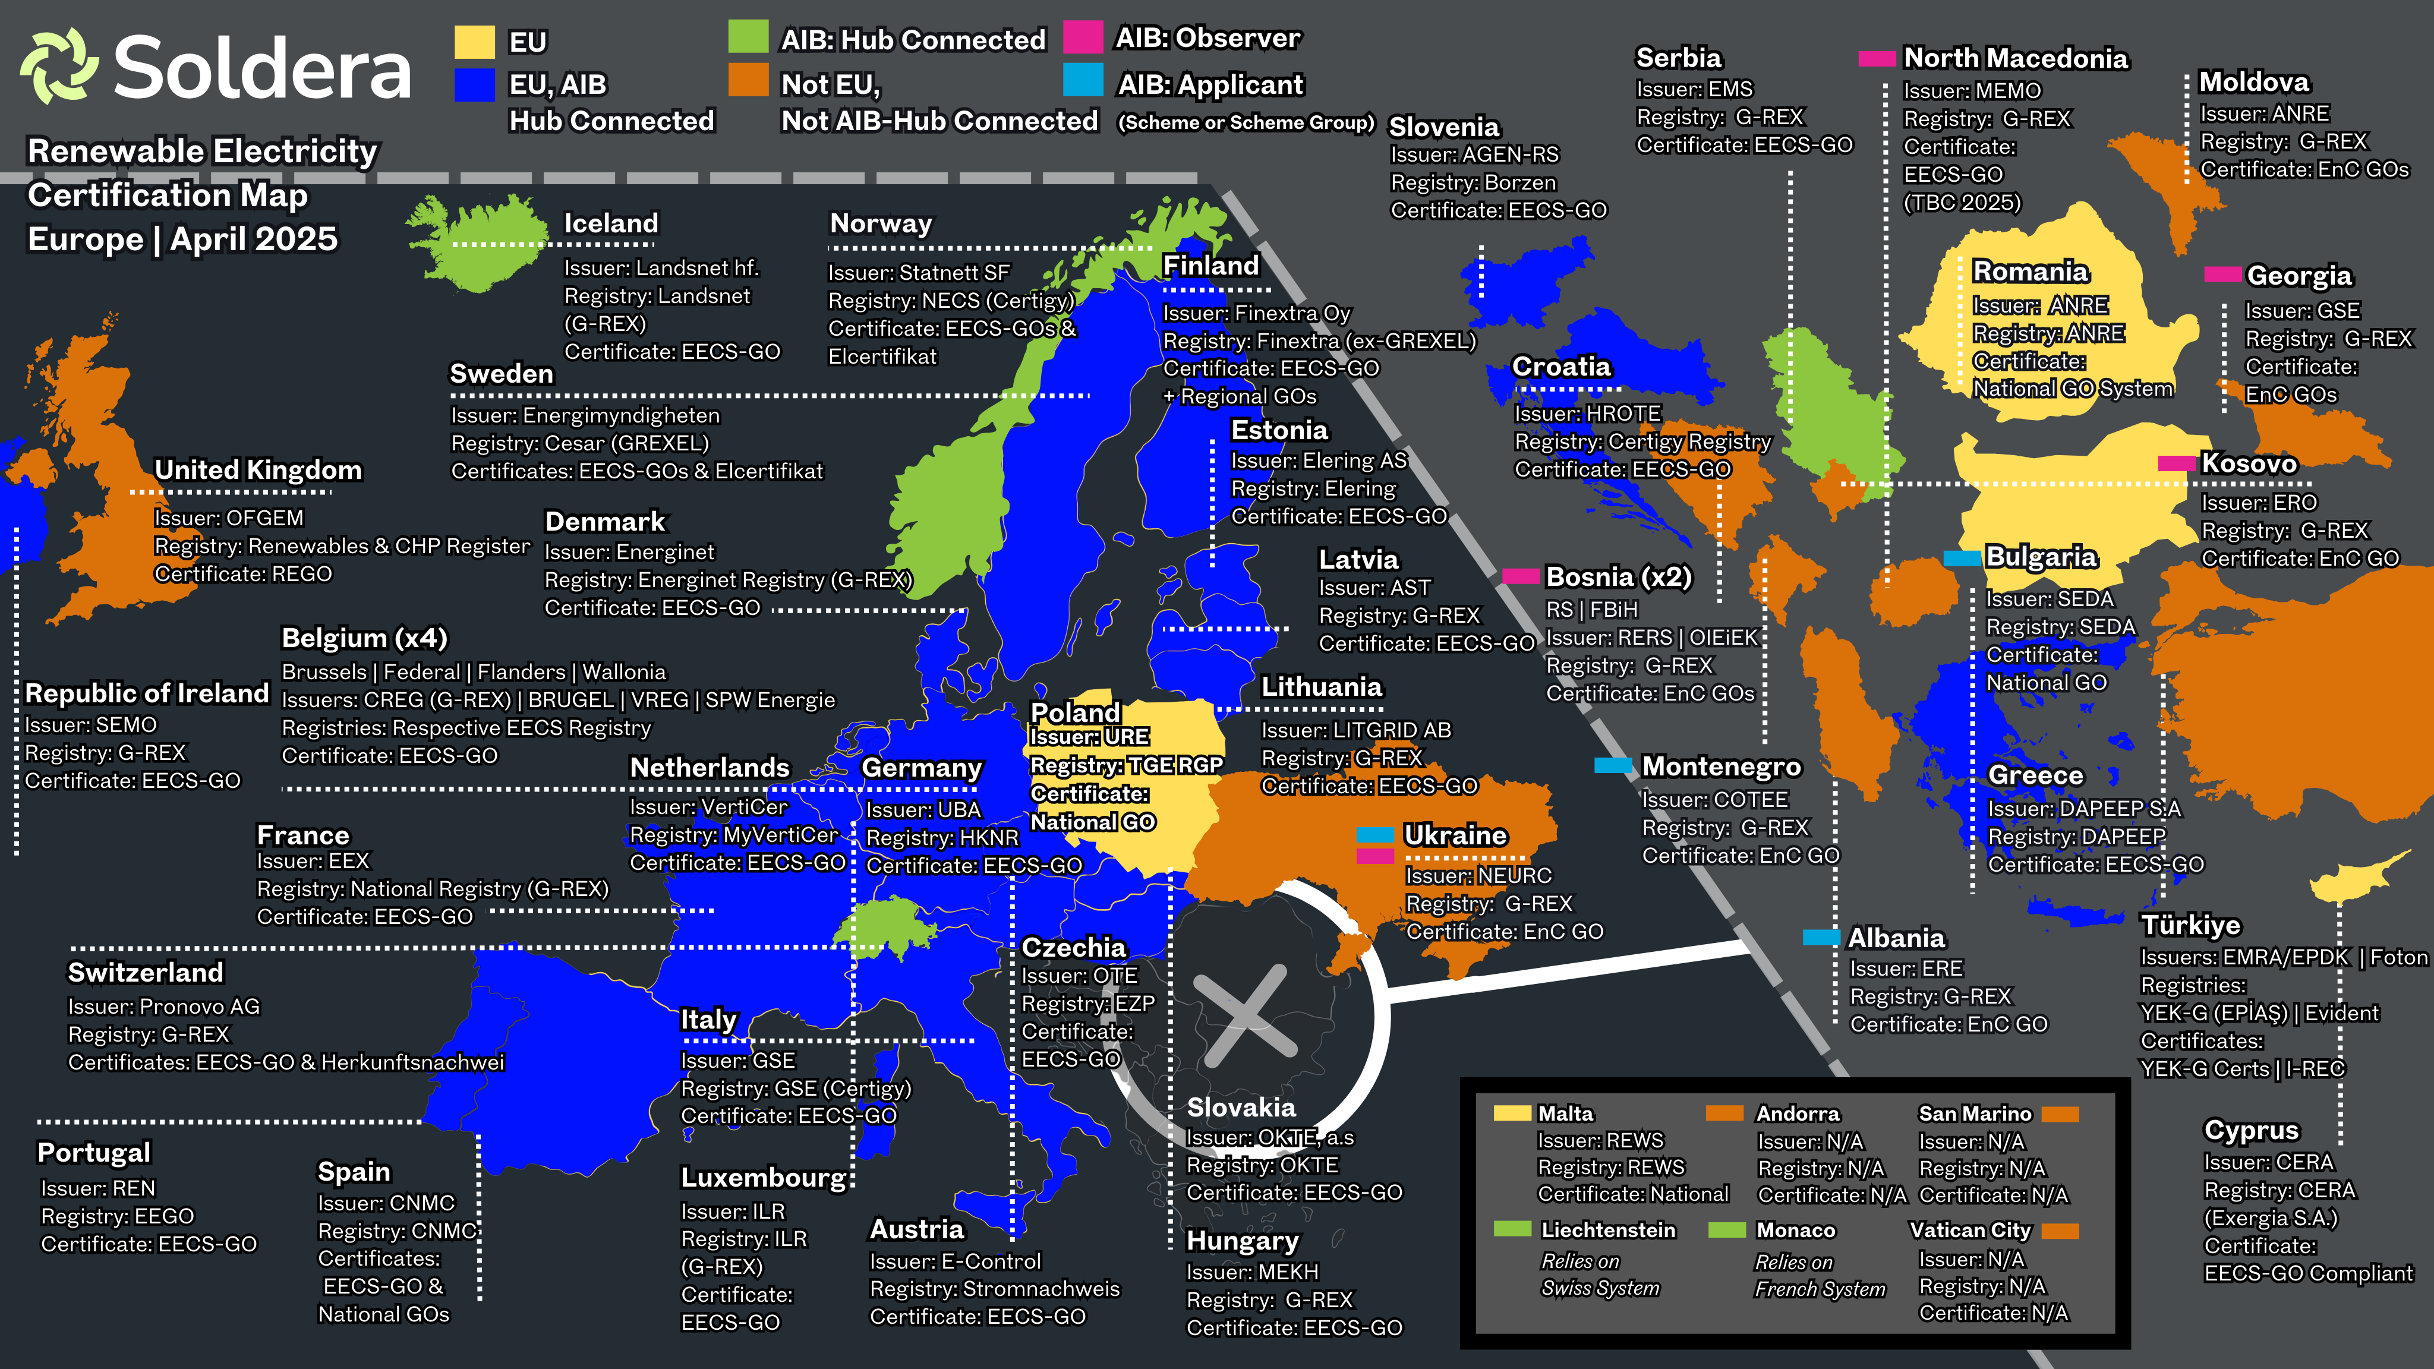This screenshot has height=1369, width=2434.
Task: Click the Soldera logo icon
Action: point(59,66)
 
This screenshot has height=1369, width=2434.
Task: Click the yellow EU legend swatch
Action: point(474,42)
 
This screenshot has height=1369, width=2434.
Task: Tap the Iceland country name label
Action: point(610,224)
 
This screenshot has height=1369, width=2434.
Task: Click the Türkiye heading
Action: point(2190,925)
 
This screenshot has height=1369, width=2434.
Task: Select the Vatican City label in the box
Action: point(1969,1230)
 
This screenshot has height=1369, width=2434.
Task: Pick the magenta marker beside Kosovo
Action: point(2176,463)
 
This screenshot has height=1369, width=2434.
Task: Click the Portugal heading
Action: point(93,1153)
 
